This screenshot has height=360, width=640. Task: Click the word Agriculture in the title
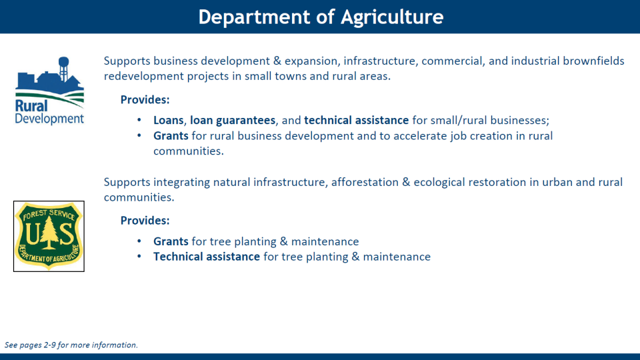click(392, 17)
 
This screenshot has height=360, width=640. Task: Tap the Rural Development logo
click(49, 91)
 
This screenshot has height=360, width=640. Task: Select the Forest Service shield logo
click(49, 236)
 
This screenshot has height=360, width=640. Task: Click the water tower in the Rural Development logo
click(63, 68)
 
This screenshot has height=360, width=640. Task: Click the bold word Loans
click(169, 121)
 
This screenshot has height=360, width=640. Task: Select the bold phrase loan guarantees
click(233, 121)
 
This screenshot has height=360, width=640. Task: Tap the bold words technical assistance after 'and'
click(356, 121)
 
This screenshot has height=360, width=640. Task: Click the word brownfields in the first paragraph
click(593, 61)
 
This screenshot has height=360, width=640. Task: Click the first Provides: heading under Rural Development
click(145, 99)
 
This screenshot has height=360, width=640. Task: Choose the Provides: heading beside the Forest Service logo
click(145, 221)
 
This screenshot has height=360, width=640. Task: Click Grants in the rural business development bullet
click(171, 136)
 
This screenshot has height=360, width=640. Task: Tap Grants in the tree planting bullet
click(171, 241)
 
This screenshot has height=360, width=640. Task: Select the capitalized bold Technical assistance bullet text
click(207, 257)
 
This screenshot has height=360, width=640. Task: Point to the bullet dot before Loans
click(139, 120)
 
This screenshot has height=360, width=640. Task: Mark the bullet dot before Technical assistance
click(139, 256)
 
